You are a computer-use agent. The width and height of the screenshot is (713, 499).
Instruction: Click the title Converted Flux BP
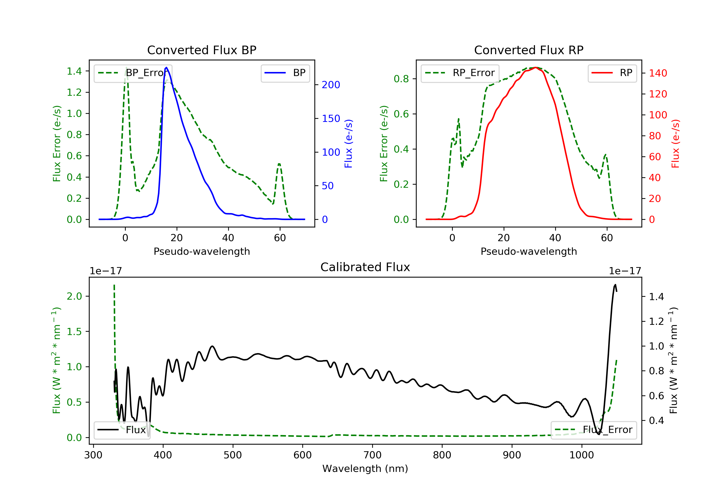coord(202,50)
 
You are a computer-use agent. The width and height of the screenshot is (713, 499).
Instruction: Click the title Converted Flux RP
coord(529,50)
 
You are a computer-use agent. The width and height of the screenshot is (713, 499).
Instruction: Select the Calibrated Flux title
coord(365,267)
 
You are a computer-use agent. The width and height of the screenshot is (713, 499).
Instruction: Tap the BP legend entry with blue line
coord(285,73)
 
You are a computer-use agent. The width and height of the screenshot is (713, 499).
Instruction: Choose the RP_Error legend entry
coord(460,73)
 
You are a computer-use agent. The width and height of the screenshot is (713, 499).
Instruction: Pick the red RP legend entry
coord(612,73)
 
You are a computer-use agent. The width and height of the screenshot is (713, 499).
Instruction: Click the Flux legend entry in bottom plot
coord(121,430)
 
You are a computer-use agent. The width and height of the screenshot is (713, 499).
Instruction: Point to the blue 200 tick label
coord(331,85)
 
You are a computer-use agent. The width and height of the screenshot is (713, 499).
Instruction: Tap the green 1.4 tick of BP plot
coord(74,72)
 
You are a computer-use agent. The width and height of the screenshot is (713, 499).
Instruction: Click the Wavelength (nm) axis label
coord(365,468)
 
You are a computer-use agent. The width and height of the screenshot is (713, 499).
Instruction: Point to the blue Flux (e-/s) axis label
coord(348,144)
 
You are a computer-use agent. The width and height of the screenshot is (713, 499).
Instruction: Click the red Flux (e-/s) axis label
coord(675,144)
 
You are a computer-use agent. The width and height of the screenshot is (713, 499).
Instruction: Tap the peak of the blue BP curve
coord(166,67)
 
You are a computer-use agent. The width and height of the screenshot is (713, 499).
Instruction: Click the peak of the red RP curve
coord(536,67)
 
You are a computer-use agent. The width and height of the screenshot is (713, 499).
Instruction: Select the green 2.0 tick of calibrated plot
coord(74,296)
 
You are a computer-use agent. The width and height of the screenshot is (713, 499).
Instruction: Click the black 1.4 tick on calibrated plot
coord(656,297)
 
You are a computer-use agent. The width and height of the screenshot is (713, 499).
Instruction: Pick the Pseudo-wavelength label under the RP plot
coord(529,251)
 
